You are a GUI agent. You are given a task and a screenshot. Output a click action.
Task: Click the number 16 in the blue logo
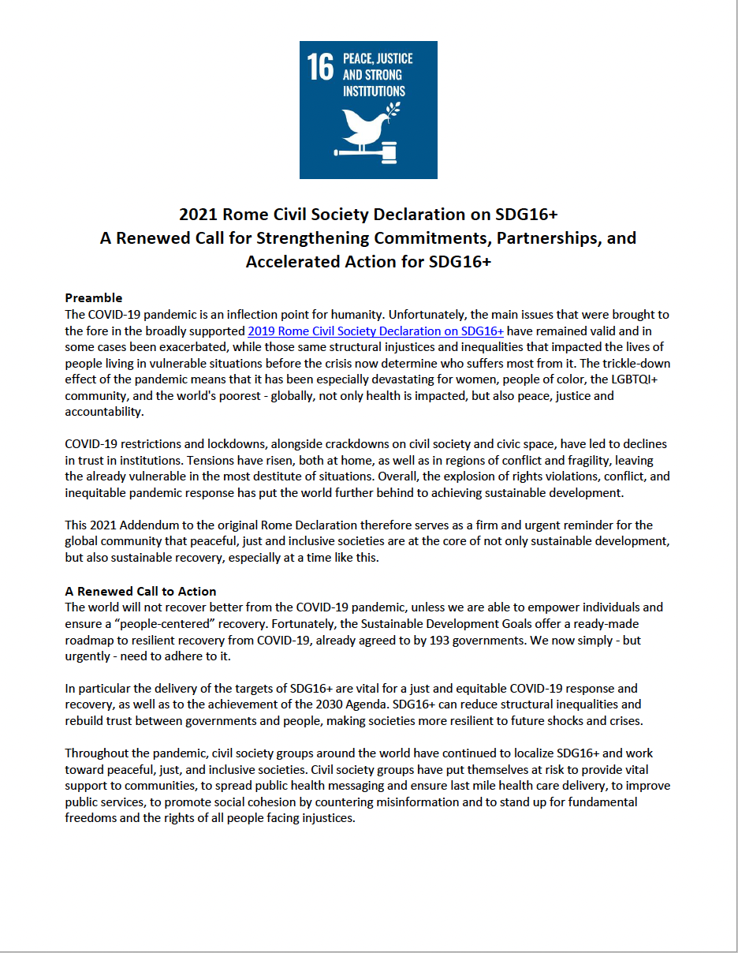(x=320, y=67)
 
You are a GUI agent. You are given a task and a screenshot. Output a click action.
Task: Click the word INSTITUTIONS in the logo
(x=374, y=92)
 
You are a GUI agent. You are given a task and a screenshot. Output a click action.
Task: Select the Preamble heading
(x=93, y=297)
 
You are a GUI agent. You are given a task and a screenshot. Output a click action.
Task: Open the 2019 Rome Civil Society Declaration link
(x=375, y=331)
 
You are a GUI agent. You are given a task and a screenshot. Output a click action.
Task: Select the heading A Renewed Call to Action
(x=140, y=591)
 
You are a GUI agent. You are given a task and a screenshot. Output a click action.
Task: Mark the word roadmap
(x=89, y=640)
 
